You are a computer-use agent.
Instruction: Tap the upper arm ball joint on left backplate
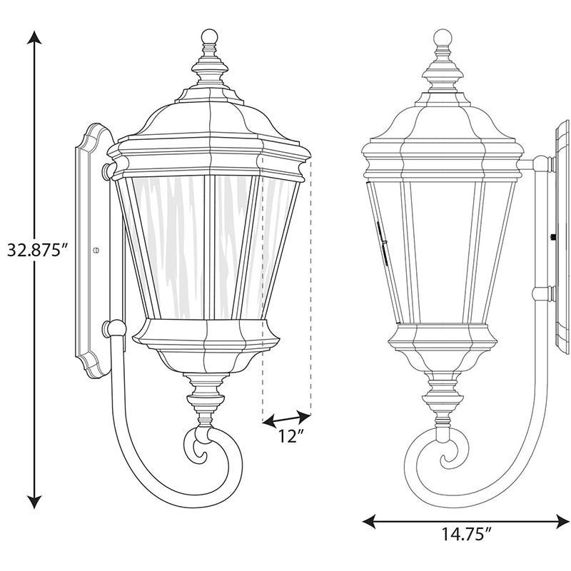(x=108, y=169)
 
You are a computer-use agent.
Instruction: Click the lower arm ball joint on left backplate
(x=112, y=329)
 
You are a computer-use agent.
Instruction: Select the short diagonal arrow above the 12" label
(x=287, y=418)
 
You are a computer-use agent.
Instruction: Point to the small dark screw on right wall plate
(x=552, y=235)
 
